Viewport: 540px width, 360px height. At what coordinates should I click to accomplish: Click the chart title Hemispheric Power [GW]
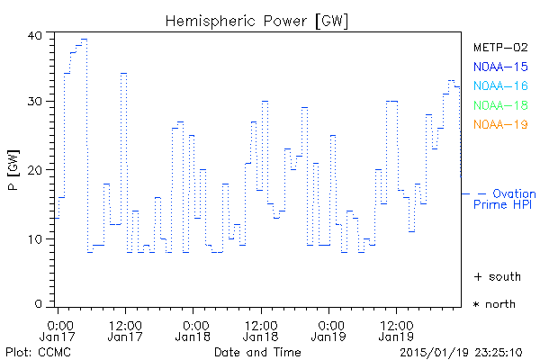(x=257, y=19)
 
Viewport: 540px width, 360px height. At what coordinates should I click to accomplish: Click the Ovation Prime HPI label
(x=504, y=199)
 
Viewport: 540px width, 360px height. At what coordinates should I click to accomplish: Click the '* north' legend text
(x=495, y=304)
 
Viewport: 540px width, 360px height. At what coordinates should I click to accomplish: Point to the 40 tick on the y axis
(x=35, y=35)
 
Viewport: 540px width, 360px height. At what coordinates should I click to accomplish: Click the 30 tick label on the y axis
(x=35, y=102)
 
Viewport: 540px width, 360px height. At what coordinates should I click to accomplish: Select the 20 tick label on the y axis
(x=35, y=169)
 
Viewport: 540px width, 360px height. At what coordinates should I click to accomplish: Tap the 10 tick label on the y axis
(x=35, y=238)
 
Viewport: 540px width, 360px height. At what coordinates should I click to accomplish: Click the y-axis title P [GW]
(x=13, y=170)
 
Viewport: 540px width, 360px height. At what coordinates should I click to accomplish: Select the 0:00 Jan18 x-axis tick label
(x=193, y=329)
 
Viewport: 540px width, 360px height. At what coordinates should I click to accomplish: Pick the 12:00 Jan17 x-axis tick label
(x=124, y=329)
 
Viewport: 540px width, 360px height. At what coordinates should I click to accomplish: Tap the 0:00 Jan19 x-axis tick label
(x=329, y=329)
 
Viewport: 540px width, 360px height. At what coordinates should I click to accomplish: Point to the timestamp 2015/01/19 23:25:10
(x=460, y=351)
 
